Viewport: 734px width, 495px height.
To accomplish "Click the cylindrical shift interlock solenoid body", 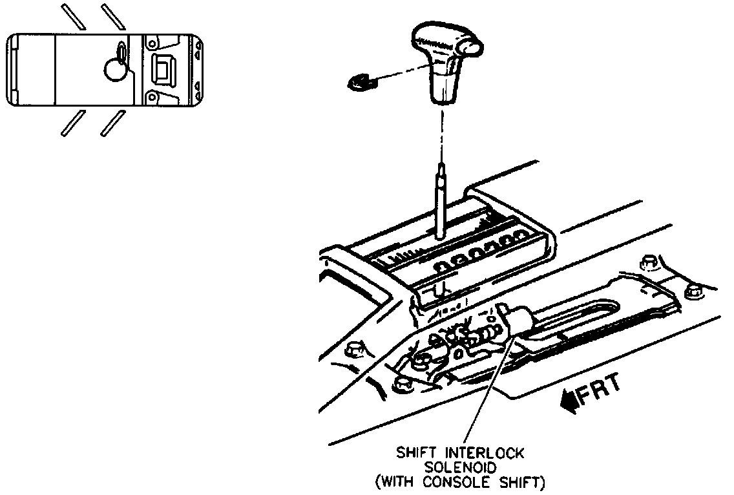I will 517,322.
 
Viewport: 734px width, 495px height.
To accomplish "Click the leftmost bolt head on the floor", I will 353,351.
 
